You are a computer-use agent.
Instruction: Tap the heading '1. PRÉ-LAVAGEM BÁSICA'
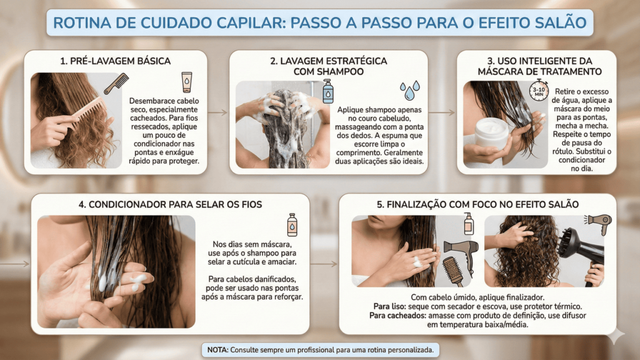point(116,61)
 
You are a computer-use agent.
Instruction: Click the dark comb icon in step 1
point(116,83)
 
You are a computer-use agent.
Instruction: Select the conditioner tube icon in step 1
point(186,82)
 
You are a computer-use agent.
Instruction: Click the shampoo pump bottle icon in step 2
point(327,91)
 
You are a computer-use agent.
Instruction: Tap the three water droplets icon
point(409,90)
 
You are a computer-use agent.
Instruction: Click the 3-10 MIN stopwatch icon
point(539,90)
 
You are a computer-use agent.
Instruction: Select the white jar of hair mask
point(492,132)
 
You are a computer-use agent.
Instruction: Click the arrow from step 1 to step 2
point(217,112)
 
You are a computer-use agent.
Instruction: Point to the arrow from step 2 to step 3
point(442,112)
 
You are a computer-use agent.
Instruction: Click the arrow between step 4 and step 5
point(324,264)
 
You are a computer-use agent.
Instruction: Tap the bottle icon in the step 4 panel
point(292,225)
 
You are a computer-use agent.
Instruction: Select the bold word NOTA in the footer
point(217,350)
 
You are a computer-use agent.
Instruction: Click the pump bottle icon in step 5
point(469,224)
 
